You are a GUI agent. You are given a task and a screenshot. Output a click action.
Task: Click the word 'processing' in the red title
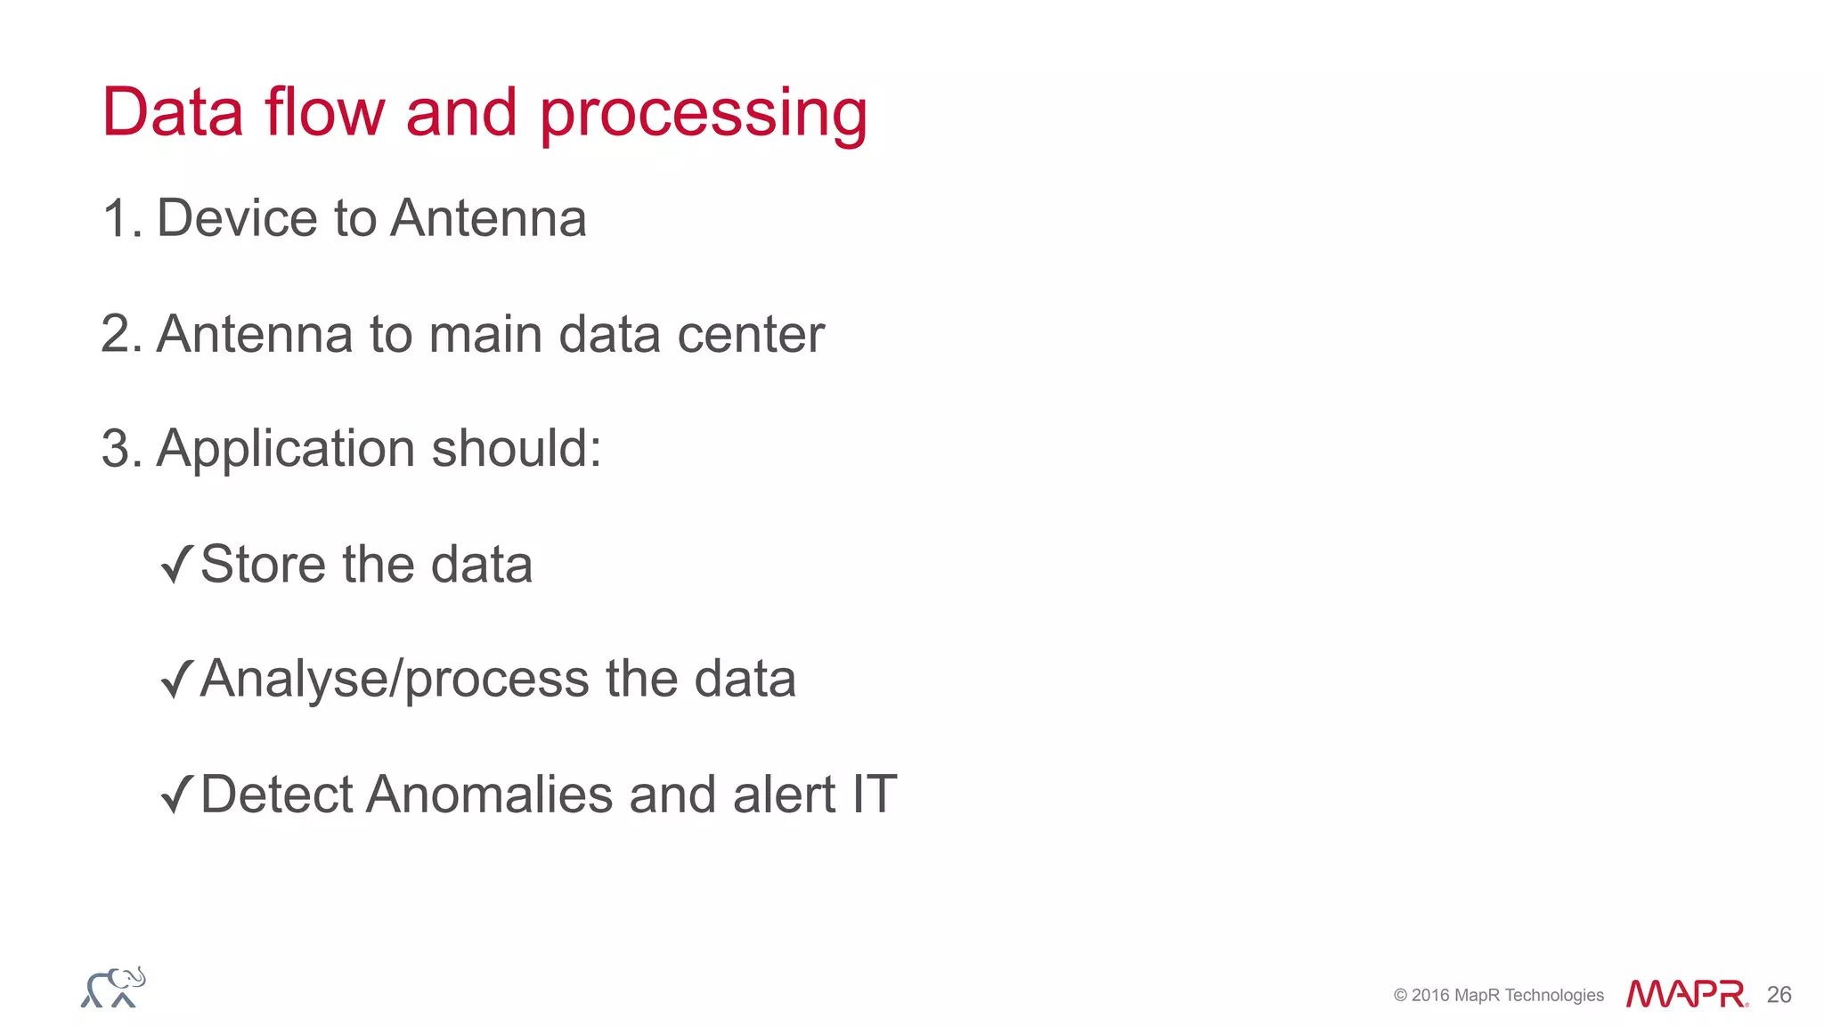pyautogui.click(x=703, y=114)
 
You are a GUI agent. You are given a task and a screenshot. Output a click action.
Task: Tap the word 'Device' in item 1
pyautogui.click(x=237, y=218)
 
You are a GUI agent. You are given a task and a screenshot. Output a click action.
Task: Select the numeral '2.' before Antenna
pyautogui.click(x=122, y=334)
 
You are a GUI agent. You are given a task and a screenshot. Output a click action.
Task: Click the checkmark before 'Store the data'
pyautogui.click(x=176, y=565)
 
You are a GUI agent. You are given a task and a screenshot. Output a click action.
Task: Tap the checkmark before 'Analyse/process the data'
pyautogui.click(x=176, y=680)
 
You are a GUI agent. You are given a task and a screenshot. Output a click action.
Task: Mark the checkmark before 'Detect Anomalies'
pyautogui.click(x=176, y=795)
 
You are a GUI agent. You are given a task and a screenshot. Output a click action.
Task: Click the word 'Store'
pyautogui.click(x=263, y=564)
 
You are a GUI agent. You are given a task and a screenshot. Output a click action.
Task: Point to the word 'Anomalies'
pyautogui.click(x=489, y=795)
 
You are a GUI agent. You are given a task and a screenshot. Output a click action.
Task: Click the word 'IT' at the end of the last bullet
pyautogui.click(x=874, y=795)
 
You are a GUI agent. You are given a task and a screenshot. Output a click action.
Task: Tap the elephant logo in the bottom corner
pyautogui.click(x=113, y=988)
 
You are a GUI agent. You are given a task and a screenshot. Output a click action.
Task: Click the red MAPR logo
pyautogui.click(x=1686, y=994)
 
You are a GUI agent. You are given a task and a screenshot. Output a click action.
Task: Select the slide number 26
pyautogui.click(x=1779, y=995)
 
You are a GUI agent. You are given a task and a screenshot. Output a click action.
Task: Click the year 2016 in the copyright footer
pyautogui.click(x=1430, y=996)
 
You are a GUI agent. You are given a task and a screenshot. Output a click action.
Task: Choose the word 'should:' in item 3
pyautogui.click(x=517, y=448)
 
